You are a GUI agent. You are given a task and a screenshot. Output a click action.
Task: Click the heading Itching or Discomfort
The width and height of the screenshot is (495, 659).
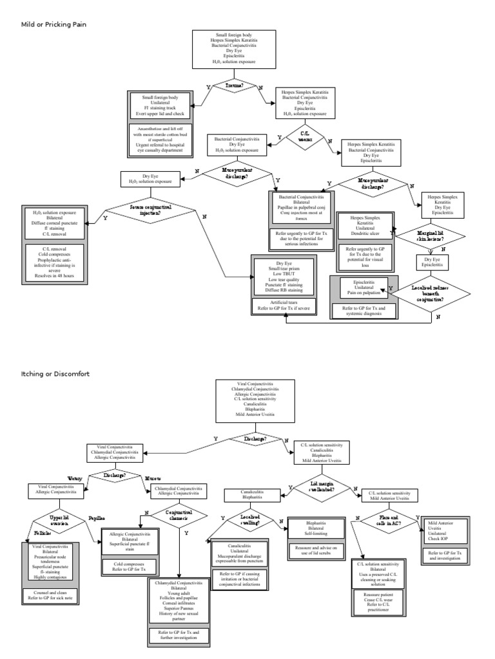tap(55, 373)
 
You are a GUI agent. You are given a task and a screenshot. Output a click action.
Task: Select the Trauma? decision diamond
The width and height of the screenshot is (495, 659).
tap(235, 84)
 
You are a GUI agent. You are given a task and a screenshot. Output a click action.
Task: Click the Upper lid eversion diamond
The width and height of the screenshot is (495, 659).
tap(62, 519)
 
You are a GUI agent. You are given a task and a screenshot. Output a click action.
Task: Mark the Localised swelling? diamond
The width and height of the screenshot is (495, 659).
tap(249, 519)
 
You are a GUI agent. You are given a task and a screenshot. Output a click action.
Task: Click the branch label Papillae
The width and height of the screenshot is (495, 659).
tap(97, 517)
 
